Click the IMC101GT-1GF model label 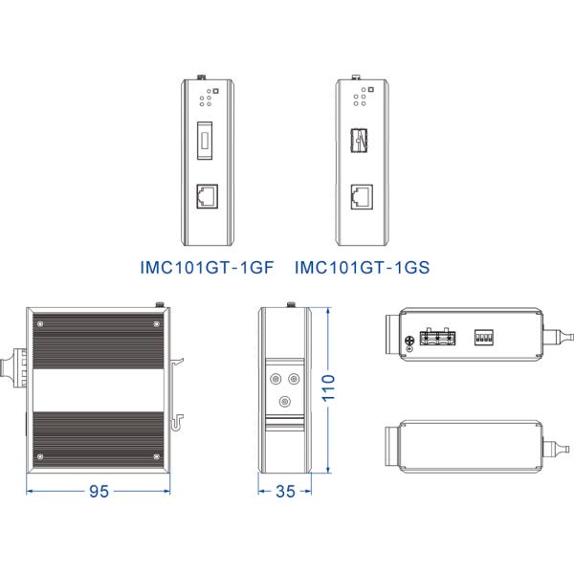point(200,269)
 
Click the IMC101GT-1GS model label point(363,269)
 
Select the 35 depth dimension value point(285,492)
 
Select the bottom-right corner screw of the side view point(155,458)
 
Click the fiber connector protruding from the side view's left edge point(13,365)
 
